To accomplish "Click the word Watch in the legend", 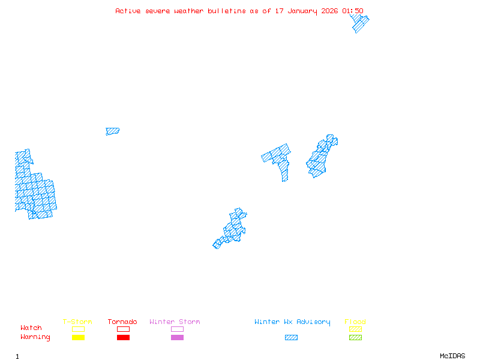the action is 31,328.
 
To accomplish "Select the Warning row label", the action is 35,337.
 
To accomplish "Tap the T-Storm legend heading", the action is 77,322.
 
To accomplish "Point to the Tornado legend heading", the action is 122,322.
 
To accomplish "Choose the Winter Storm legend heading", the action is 175,322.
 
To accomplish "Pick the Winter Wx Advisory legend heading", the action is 292,322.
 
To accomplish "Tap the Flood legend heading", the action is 355,322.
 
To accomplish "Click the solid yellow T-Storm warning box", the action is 78,338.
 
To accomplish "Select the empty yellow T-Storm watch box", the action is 78,329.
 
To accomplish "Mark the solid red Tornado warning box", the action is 123,338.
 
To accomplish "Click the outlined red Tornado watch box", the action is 123,329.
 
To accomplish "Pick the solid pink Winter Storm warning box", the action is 177,338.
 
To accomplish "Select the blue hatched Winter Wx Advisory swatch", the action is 291,338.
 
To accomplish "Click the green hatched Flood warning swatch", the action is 355,338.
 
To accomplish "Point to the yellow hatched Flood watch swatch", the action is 355,329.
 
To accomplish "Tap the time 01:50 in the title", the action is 352,11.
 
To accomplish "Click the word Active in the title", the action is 128,11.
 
